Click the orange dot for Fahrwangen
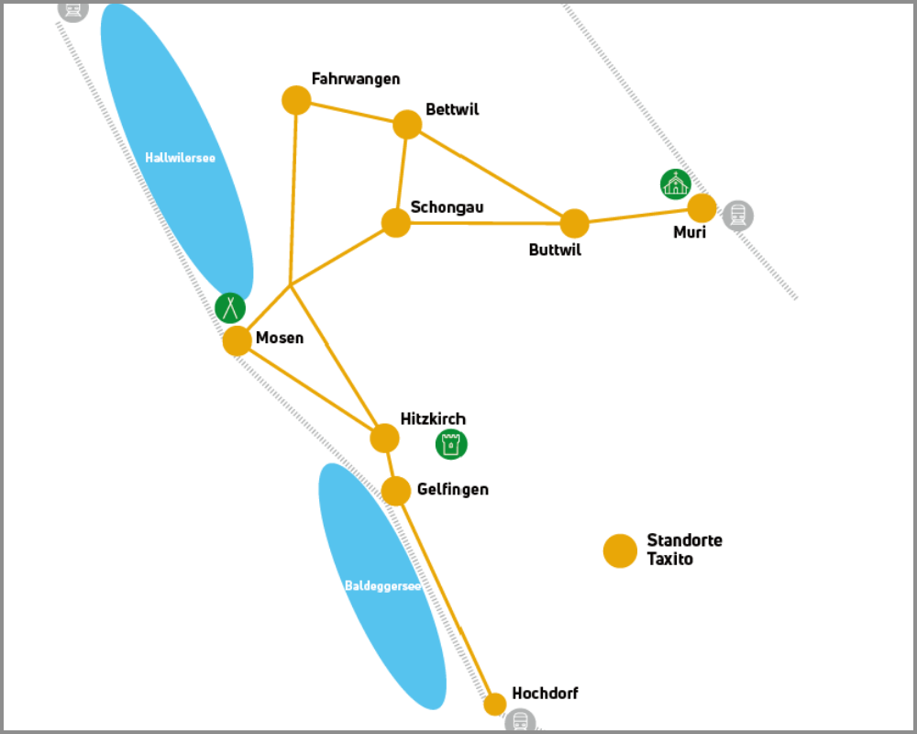click(296, 100)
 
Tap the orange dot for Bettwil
click(407, 124)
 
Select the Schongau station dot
click(396, 223)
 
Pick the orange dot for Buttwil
click(574, 224)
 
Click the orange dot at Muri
click(702, 207)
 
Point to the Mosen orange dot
click(237, 340)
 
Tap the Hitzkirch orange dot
click(384, 438)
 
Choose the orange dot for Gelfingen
click(396, 491)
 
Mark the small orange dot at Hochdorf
click(495, 704)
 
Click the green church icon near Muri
click(676, 184)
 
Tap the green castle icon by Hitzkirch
click(451, 444)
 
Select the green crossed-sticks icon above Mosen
click(230, 308)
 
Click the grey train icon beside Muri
click(738, 216)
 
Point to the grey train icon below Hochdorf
click(520, 721)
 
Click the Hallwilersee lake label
click(180, 158)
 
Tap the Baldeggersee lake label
click(382, 586)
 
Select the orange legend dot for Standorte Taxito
click(620, 550)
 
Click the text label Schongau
click(447, 207)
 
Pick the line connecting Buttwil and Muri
click(638, 216)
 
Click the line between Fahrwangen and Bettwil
click(351, 112)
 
